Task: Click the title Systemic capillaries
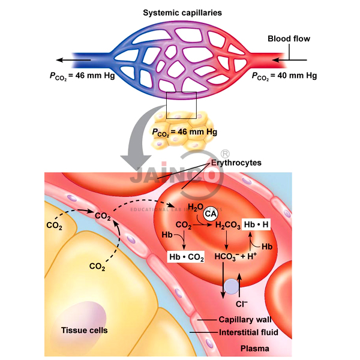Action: point(182,12)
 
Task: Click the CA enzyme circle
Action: point(211,213)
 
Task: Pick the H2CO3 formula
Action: point(227,227)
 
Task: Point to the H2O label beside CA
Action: point(194,208)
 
